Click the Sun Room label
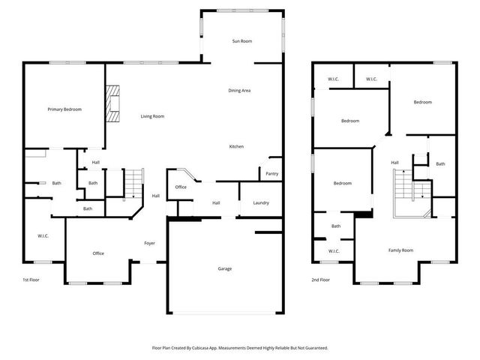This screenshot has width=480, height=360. coord(241,41)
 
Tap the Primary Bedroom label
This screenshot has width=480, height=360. coord(64,109)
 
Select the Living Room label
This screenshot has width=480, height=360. coord(153,116)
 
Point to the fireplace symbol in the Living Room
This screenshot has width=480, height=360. coord(112,103)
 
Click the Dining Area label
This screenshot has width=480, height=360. coord(239,91)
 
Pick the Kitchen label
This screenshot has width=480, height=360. coord(236,146)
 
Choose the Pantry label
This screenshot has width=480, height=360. coord(272,173)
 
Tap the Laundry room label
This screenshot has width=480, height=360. coord(261,202)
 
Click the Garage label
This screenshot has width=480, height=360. coord(225,268)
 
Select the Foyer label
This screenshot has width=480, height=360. coord(150,243)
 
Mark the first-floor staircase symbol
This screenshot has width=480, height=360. coord(132,182)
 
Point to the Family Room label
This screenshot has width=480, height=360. coord(400,250)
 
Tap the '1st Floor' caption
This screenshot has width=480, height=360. coord(31,280)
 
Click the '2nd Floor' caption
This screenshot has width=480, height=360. coord(321,280)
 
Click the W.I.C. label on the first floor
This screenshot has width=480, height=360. coord(43,236)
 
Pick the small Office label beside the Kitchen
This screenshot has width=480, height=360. coord(181,187)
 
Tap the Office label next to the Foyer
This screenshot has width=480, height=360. coord(98,253)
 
